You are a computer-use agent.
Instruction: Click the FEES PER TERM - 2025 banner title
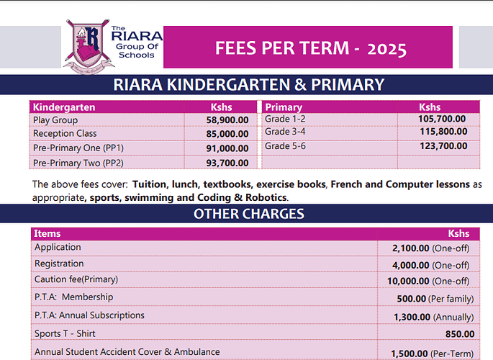[x=310, y=48]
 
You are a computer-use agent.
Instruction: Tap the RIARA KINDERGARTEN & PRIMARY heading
[x=248, y=85]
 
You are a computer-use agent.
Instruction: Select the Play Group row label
[x=55, y=120]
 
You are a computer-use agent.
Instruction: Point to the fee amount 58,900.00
[x=227, y=120]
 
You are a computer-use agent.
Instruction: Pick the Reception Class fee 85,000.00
[x=227, y=134]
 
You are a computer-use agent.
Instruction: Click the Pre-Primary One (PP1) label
[x=78, y=148]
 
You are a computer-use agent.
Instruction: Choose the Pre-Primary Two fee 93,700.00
[x=227, y=163]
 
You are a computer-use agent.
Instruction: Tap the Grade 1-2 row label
[x=286, y=119]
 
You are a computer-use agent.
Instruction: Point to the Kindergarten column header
[x=64, y=107]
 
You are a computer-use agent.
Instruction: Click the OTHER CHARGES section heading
[x=248, y=214]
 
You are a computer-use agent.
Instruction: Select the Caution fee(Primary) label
[x=76, y=279]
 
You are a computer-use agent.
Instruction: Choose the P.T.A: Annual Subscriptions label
[x=89, y=315]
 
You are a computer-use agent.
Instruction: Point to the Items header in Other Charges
[x=48, y=233]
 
